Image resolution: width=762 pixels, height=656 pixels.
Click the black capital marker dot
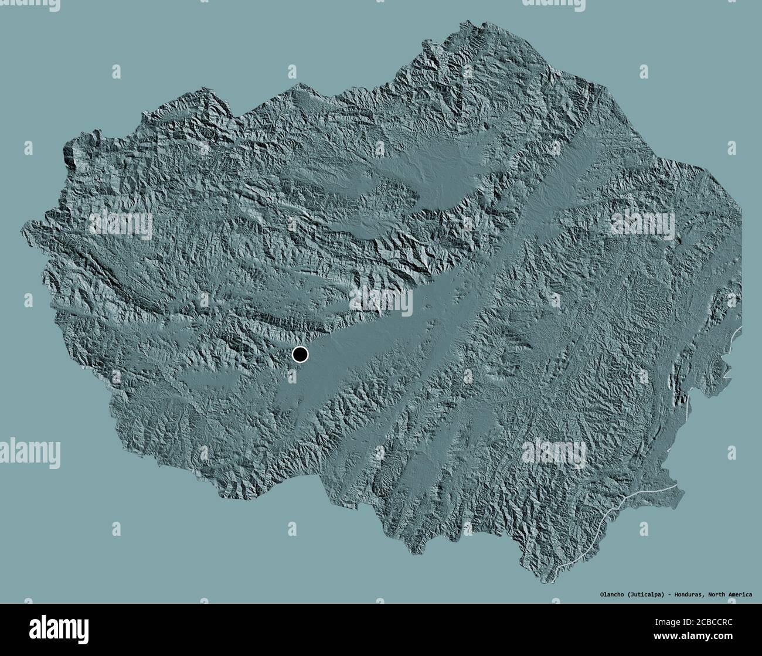click(x=300, y=354)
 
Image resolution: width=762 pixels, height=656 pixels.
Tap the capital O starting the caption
click(x=592, y=595)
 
